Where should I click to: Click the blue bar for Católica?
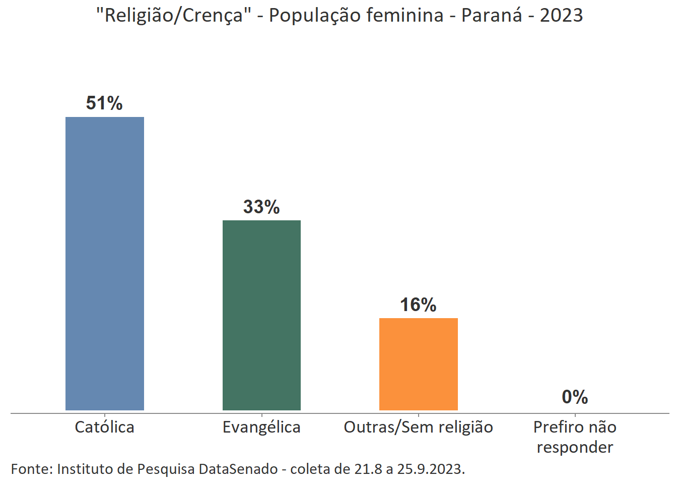(x=105, y=263)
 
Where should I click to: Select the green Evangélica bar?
(x=261, y=315)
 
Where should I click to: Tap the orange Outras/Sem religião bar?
(x=418, y=364)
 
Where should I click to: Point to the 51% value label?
(x=104, y=103)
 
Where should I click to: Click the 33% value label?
(x=261, y=207)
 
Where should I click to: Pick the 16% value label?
(x=418, y=305)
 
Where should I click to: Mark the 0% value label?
(x=575, y=397)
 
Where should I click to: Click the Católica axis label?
(x=104, y=427)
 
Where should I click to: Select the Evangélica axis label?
(x=261, y=427)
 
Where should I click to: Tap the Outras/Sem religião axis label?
(x=418, y=427)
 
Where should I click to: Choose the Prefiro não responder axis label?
(x=575, y=437)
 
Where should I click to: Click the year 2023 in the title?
(x=561, y=15)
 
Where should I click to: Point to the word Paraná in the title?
(x=492, y=15)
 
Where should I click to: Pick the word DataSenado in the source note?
(x=238, y=469)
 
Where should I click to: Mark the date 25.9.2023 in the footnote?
(x=431, y=469)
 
